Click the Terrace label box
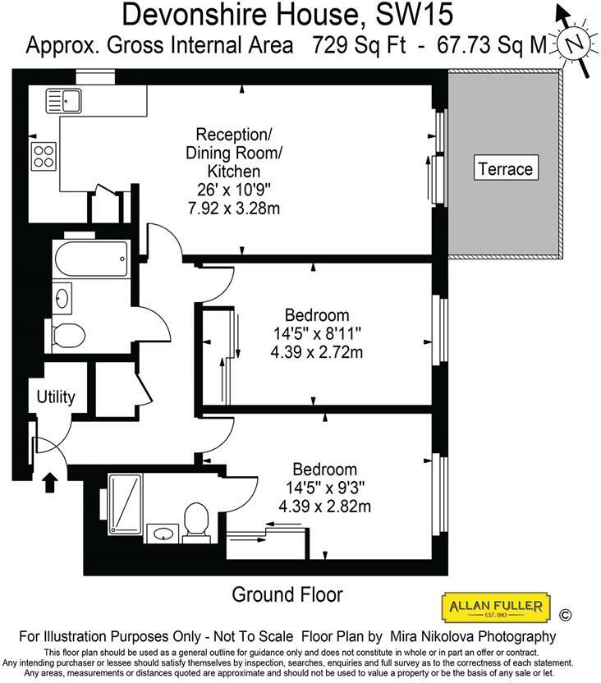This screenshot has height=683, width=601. click(x=506, y=169)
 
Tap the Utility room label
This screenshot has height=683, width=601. click(x=56, y=397)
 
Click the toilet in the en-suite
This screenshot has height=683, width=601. click(x=195, y=521)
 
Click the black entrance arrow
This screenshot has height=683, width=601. click(x=49, y=481)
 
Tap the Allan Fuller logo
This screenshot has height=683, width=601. click(x=494, y=608)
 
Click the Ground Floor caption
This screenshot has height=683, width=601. click(x=287, y=594)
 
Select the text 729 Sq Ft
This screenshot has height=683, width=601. click(x=359, y=46)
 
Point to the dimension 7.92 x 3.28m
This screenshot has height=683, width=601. click(x=233, y=209)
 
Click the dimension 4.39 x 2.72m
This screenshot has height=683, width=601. click(x=316, y=353)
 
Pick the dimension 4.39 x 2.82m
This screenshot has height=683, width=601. click(x=324, y=507)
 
